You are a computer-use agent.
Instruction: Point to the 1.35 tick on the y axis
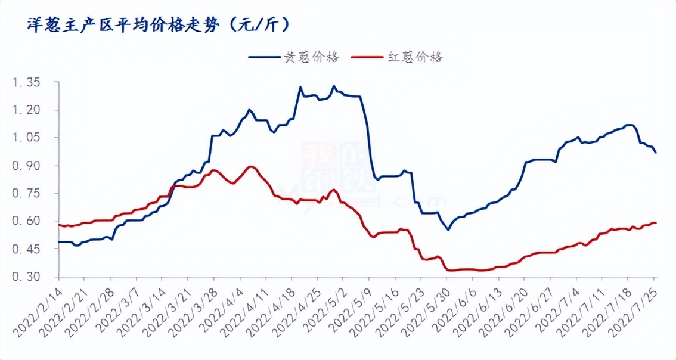(27, 82)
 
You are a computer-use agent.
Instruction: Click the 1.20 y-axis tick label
(27, 110)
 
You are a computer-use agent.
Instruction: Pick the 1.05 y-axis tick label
(27, 138)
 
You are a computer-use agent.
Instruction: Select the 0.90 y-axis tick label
(27, 165)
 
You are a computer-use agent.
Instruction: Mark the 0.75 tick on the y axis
(27, 193)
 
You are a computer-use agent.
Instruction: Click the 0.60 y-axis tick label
(27, 221)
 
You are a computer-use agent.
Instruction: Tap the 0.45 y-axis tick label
(27, 249)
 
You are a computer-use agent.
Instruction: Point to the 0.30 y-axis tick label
(27, 277)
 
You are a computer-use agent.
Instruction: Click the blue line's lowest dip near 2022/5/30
(448, 229)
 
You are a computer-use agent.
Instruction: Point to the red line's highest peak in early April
(251, 167)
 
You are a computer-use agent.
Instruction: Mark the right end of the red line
(656, 223)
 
